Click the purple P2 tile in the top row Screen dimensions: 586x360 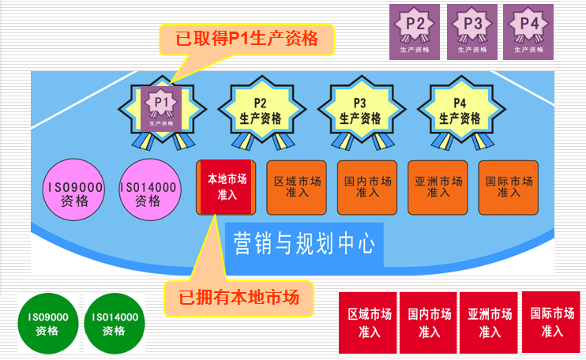pyautogui.click(x=415, y=32)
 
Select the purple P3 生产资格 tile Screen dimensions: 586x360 pyautogui.click(x=472, y=32)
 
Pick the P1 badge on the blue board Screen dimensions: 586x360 pyautogui.click(x=162, y=109)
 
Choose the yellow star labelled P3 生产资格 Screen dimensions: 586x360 pyautogui.click(x=360, y=111)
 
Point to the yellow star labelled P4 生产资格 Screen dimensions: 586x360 pyautogui.click(x=460, y=111)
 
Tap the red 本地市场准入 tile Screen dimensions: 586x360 pyautogui.click(x=227, y=186)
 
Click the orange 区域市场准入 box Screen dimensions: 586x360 pyautogui.click(x=296, y=187)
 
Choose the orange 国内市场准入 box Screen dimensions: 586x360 pyautogui.click(x=367, y=187)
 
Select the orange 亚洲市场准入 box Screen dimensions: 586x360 pyautogui.click(x=438, y=187)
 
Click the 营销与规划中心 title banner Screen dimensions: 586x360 pyautogui.click(x=304, y=243)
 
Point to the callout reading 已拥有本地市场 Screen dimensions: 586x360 pyautogui.click(x=238, y=298)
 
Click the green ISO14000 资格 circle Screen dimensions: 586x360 pyautogui.click(x=115, y=324)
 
